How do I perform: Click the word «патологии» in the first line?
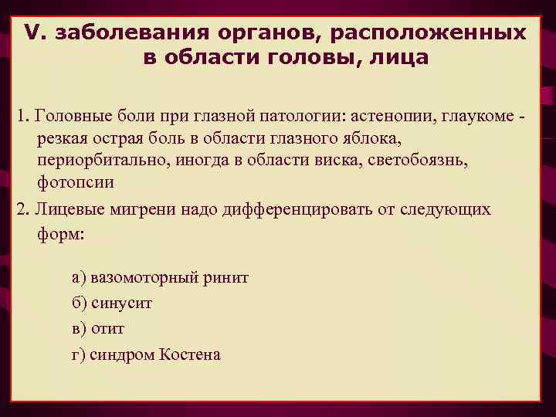click(308, 115)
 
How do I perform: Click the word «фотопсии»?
click(75, 182)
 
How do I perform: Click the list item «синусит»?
click(121, 303)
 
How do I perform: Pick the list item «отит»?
click(107, 329)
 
